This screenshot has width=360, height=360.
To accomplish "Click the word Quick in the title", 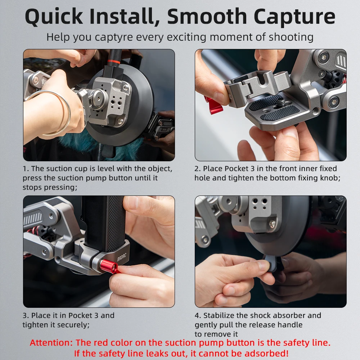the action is point(54,17).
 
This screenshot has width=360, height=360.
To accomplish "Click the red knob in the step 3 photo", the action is point(109,266).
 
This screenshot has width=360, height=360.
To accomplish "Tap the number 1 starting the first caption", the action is point(25,169).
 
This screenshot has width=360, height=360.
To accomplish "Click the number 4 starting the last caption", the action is point(197,315).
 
